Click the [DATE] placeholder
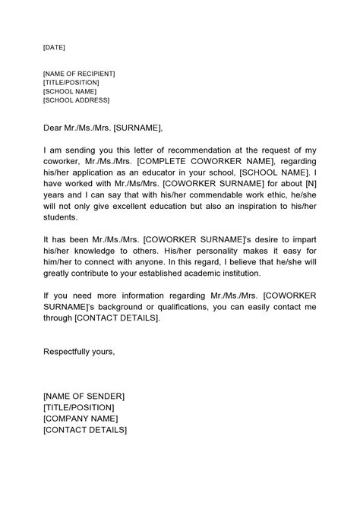tap(54, 47)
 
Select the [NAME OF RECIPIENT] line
tap(79, 73)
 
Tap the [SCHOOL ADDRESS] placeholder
tap(76, 100)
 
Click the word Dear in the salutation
tap(53, 127)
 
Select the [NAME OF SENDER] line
tap(84, 397)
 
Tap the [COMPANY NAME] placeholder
tap(81, 418)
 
